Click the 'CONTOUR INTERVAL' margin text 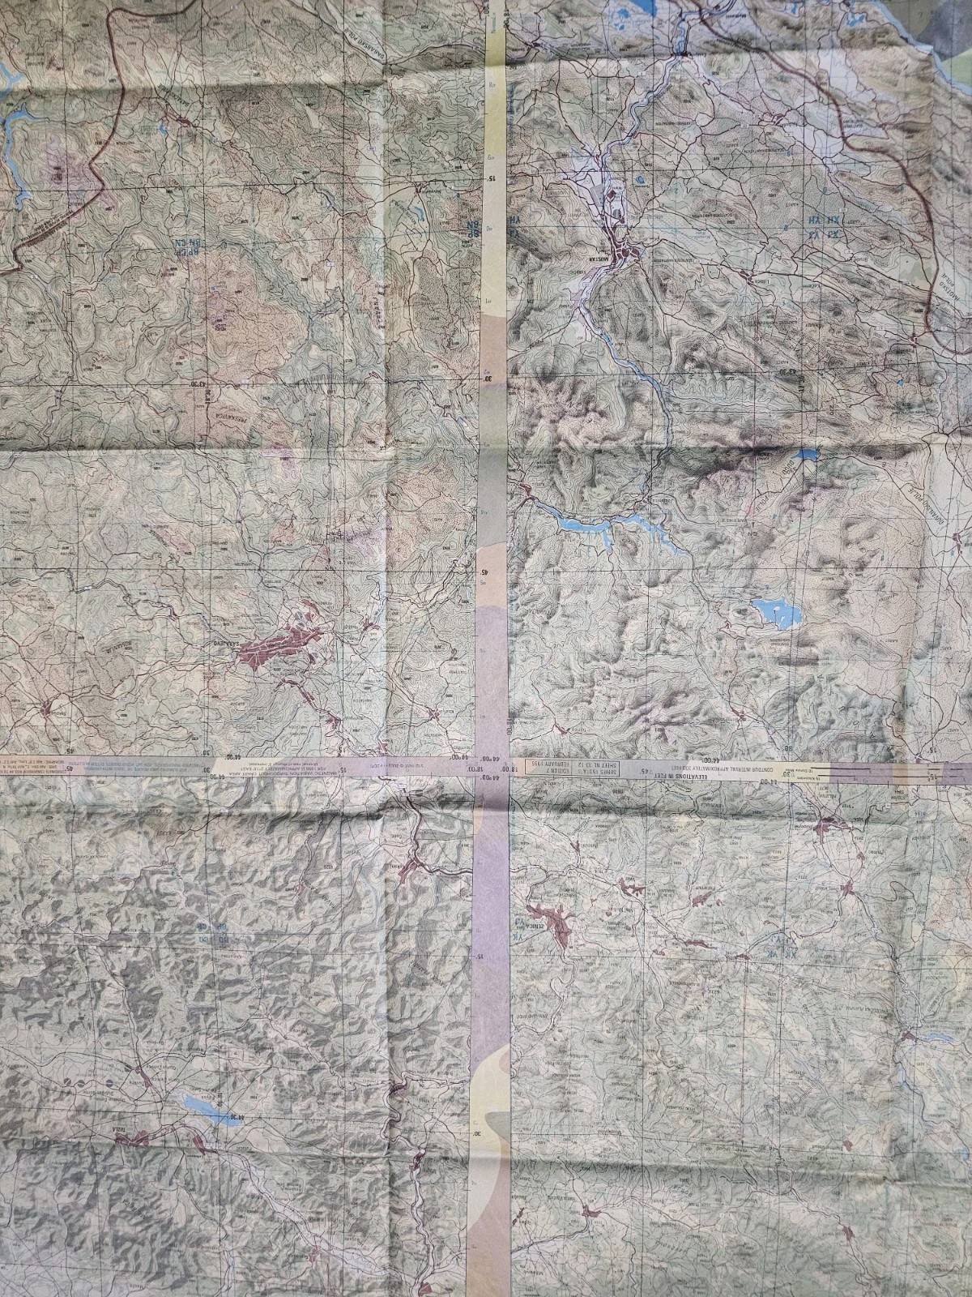pos(701,767)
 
